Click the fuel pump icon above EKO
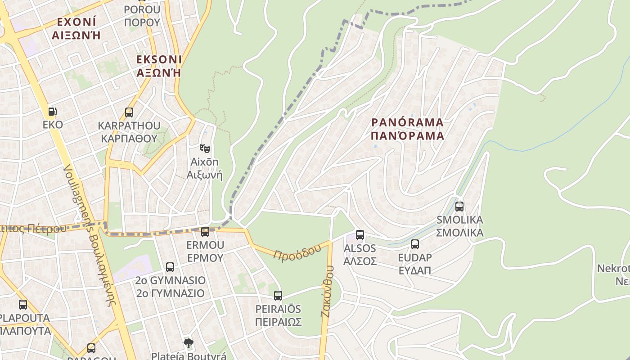tap(53, 111)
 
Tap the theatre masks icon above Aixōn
tap(205, 148)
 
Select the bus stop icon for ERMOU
tap(205, 232)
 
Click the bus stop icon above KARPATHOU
tap(129, 112)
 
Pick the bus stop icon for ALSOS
tap(360, 235)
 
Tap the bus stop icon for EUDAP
tap(415, 244)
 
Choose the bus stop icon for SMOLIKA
tap(459, 207)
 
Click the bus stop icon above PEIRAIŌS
tap(278, 296)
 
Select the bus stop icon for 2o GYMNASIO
tap(170, 267)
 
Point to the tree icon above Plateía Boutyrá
tap(189, 343)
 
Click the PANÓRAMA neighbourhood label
tap(408, 122)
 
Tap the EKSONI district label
tap(159, 59)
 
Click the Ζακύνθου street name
tap(328, 292)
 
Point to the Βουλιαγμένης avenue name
tap(90, 234)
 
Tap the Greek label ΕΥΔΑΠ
tap(414, 270)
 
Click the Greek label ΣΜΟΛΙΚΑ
tap(460, 232)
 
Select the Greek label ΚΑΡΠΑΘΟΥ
tap(129, 138)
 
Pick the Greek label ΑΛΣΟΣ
tap(360, 261)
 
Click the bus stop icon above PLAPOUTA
tap(23, 305)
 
